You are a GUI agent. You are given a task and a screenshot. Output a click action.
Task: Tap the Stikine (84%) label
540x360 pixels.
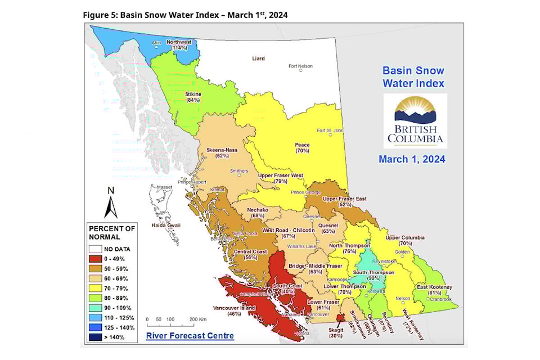(193, 97)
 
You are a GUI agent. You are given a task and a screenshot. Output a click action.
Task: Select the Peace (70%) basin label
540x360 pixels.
(302, 148)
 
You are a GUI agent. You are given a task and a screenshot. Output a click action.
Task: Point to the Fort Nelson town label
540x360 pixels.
(300, 66)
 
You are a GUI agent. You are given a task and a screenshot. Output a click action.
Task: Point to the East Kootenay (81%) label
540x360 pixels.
(434, 290)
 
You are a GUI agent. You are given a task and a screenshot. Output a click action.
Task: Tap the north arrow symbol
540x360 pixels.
(111, 204)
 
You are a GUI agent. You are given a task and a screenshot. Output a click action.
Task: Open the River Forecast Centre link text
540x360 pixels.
(190, 336)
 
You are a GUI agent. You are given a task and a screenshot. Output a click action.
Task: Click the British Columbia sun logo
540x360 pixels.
(415, 119)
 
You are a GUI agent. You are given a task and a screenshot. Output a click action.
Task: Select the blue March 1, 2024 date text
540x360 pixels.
(412, 159)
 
